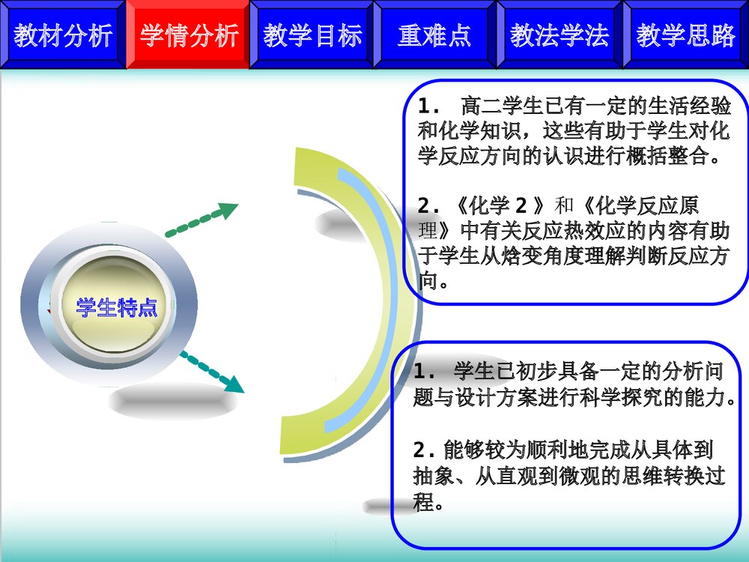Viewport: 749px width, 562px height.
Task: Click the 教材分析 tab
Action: pos(63,35)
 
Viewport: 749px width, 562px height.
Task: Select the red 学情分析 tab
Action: pos(188,35)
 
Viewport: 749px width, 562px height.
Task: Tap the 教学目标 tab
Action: pos(312,35)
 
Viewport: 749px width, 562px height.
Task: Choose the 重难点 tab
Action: pos(434,35)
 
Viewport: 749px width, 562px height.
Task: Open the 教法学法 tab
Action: pos(560,35)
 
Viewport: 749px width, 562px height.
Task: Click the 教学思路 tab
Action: pos(686,35)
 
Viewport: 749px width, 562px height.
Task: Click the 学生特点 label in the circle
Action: pos(117,307)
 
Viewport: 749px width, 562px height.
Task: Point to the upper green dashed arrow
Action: pos(201,220)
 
